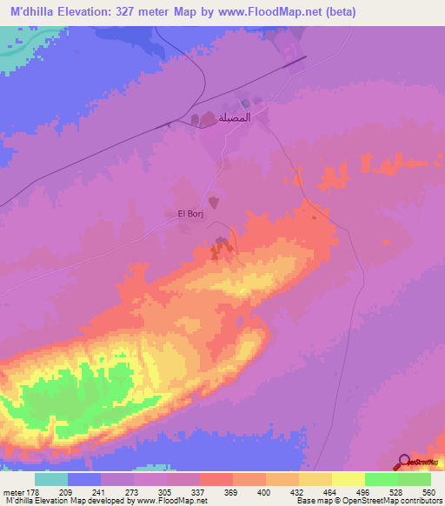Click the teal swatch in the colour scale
click(x=51, y=479)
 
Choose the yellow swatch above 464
click(x=315, y=479)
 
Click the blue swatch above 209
click(x=84, y=479)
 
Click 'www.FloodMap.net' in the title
click(x=274, y=13)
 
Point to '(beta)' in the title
click(x=336, y=13)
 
